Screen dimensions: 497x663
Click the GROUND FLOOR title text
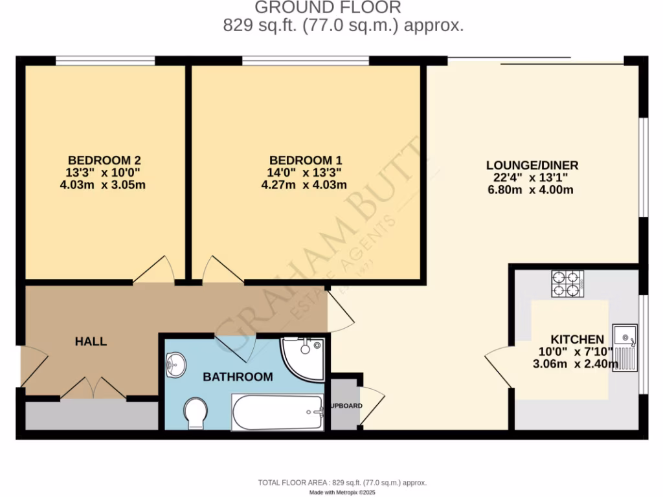328,8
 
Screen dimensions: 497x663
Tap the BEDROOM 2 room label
104,160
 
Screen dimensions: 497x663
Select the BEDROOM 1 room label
306,160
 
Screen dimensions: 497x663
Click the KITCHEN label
577,339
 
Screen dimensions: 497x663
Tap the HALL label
91,341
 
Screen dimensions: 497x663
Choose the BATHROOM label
238,377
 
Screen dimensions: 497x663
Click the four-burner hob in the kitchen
567,283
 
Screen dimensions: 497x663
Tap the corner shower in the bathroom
303,358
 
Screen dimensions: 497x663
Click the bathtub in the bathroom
278,412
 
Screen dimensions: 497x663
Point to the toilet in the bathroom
195,413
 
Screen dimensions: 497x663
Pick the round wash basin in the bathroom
175,364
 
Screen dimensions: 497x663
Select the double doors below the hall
94,389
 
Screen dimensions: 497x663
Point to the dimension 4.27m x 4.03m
304,184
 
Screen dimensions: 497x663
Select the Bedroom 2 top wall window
105,61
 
